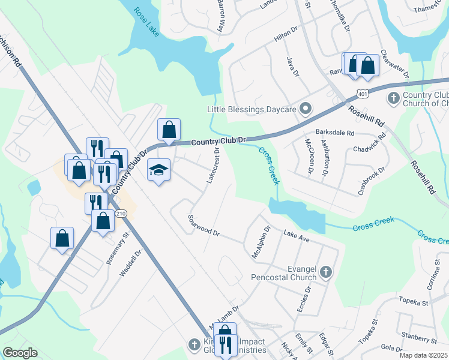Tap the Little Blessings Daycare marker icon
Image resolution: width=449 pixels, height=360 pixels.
306,109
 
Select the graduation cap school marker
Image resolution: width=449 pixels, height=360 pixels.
159,170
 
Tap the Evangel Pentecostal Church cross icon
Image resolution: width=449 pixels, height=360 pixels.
325,272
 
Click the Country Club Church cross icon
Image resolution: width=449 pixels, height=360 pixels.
394,98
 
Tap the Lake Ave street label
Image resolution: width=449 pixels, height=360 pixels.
297,236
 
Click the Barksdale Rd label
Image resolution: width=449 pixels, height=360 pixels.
335,133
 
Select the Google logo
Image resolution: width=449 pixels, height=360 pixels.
20,353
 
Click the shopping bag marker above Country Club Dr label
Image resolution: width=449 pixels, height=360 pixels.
169,129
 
